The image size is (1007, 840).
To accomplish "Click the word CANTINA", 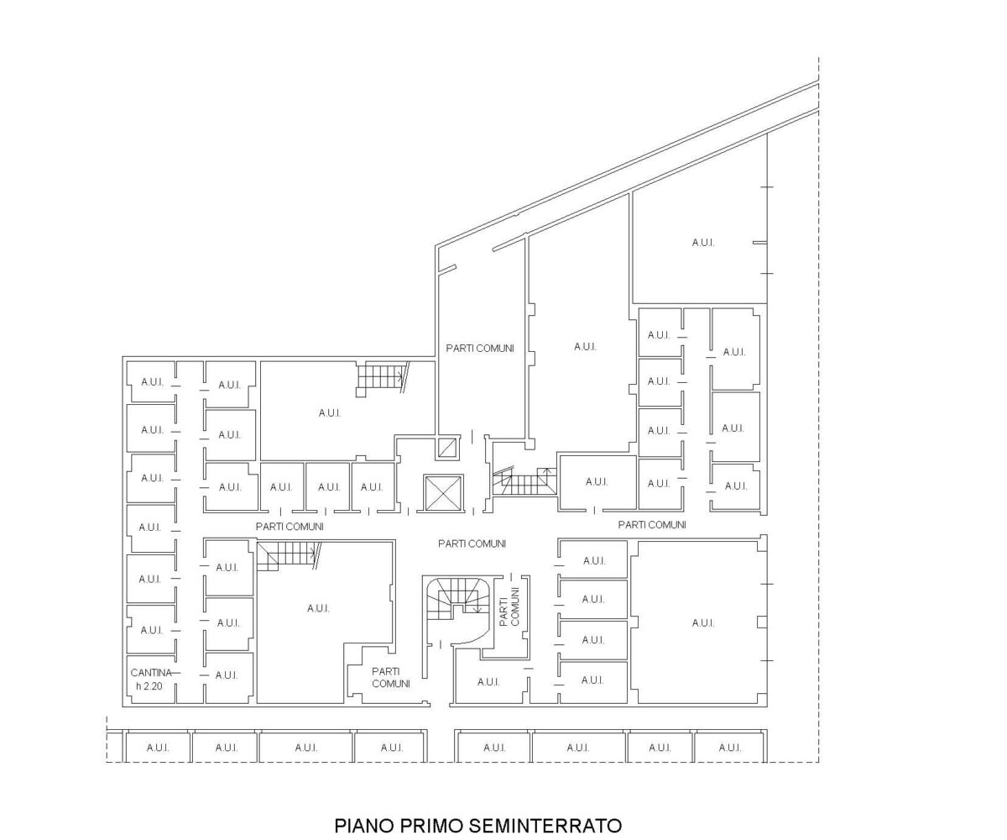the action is (151, 673).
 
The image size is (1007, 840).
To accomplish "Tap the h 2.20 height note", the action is (149, 686).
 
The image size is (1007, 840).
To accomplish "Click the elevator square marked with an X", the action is (443, 491).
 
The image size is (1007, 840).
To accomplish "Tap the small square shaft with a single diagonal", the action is (446, 448).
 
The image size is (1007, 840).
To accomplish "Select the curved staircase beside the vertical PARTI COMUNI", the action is (459, 603).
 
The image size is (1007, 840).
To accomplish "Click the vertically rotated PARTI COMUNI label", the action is (509, 606).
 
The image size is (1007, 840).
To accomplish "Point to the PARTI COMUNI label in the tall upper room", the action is (480, 348).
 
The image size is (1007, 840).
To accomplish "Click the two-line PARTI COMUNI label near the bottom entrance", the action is (391, 677).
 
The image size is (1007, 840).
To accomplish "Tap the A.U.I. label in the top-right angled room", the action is (703, 243).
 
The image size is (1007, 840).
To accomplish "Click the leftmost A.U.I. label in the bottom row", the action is (158, 748).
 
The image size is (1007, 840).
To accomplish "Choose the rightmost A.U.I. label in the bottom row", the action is (730, 748).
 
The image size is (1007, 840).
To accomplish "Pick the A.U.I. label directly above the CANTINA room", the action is (151, 630).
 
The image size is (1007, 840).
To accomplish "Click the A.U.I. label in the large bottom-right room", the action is (703, 623).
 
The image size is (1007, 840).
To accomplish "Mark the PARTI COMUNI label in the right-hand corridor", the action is (652, 525).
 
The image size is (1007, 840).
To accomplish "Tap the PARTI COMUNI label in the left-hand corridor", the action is (290, 527).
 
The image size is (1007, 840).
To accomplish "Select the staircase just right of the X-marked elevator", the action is (524, 481).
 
